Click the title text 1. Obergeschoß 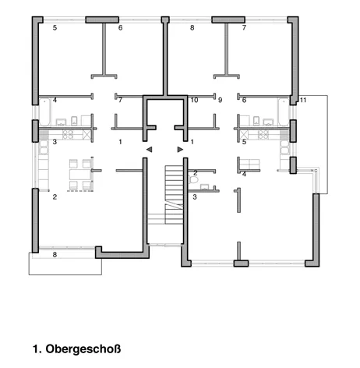(x=77, y=349)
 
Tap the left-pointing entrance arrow (x=149, y=150)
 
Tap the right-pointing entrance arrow (x=180, y=150)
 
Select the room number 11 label (x=303, y=100)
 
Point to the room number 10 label (x=194, y=100)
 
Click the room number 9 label (x=221, y=100)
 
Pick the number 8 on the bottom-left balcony (x=55, y=255)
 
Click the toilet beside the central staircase (x=194, y=179)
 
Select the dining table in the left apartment (x=80, y=175)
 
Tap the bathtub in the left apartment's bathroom (x=45, y=111)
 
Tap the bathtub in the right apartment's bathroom (x=284, y=111)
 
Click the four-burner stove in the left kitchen (x=68, y=135)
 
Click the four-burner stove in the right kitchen (x=263, y=135)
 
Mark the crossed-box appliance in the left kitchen (x=86, y=135)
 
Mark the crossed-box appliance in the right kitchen (x=244, y=135)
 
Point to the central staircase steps (x=174, y=194)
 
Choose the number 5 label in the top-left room (x=55, y=28)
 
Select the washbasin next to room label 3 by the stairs (x=205, y=187)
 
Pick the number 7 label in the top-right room (x=244, y=28)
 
